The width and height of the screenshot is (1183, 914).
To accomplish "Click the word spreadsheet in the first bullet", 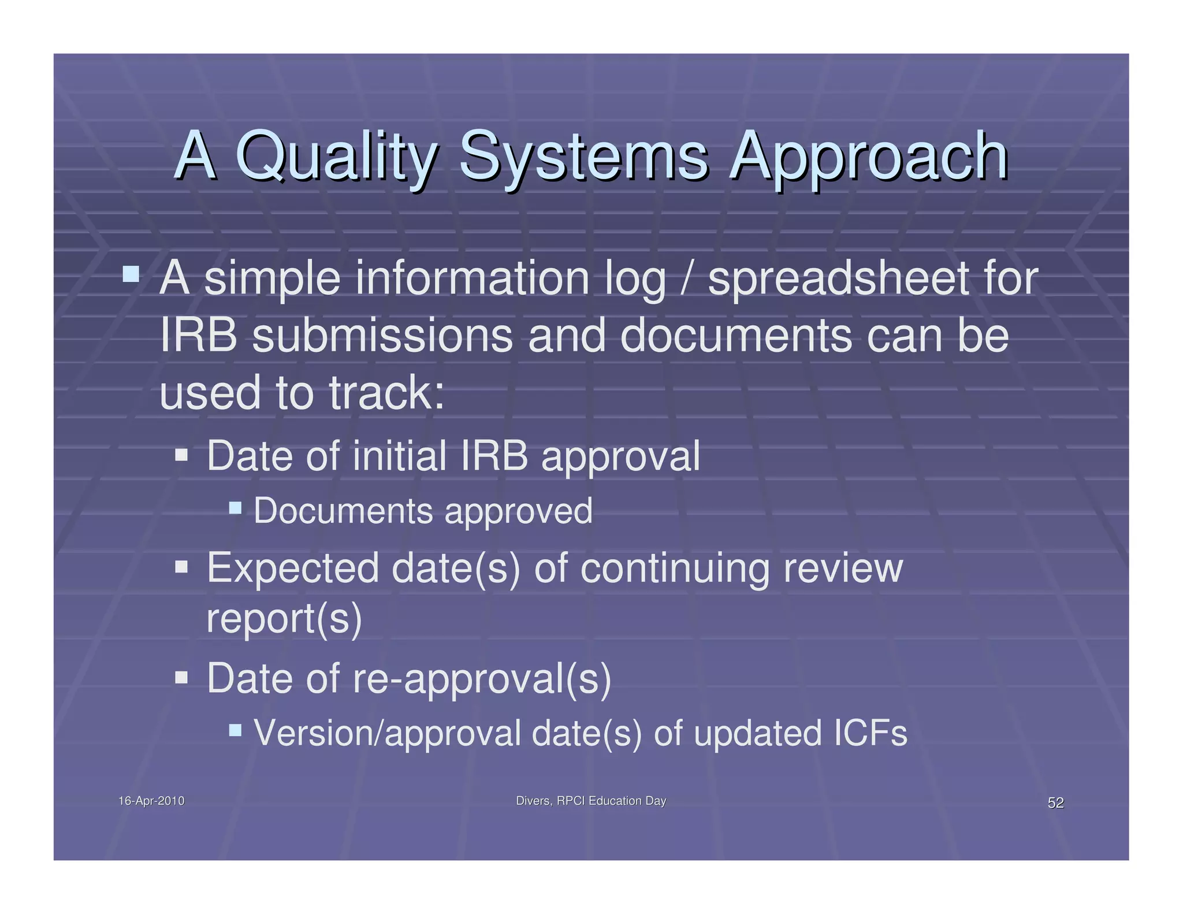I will click(x=837, y=279).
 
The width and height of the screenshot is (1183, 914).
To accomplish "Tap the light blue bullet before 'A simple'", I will click(x=131, y=273).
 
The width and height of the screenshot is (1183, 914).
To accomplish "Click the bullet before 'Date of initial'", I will click(x=181, y=455).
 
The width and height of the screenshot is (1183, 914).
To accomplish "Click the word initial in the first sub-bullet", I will click(x=399, y=456).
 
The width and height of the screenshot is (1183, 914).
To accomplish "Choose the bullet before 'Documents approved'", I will click(x=235, y=508).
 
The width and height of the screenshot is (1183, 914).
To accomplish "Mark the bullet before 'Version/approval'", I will click(x=235, y=730).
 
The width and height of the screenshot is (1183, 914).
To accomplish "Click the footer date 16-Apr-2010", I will click(x=151, y=801).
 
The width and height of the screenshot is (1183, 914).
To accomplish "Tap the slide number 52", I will click(x=1055, y=802).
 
